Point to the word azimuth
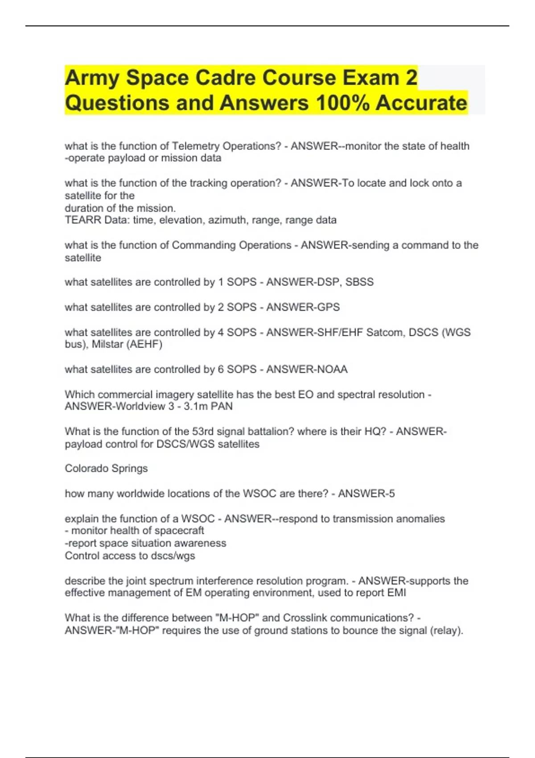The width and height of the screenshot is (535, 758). click(x=230, y=220)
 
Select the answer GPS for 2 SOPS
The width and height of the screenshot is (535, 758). click(x=329, y=307)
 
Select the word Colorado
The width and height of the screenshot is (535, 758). click(x=86, y=468)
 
